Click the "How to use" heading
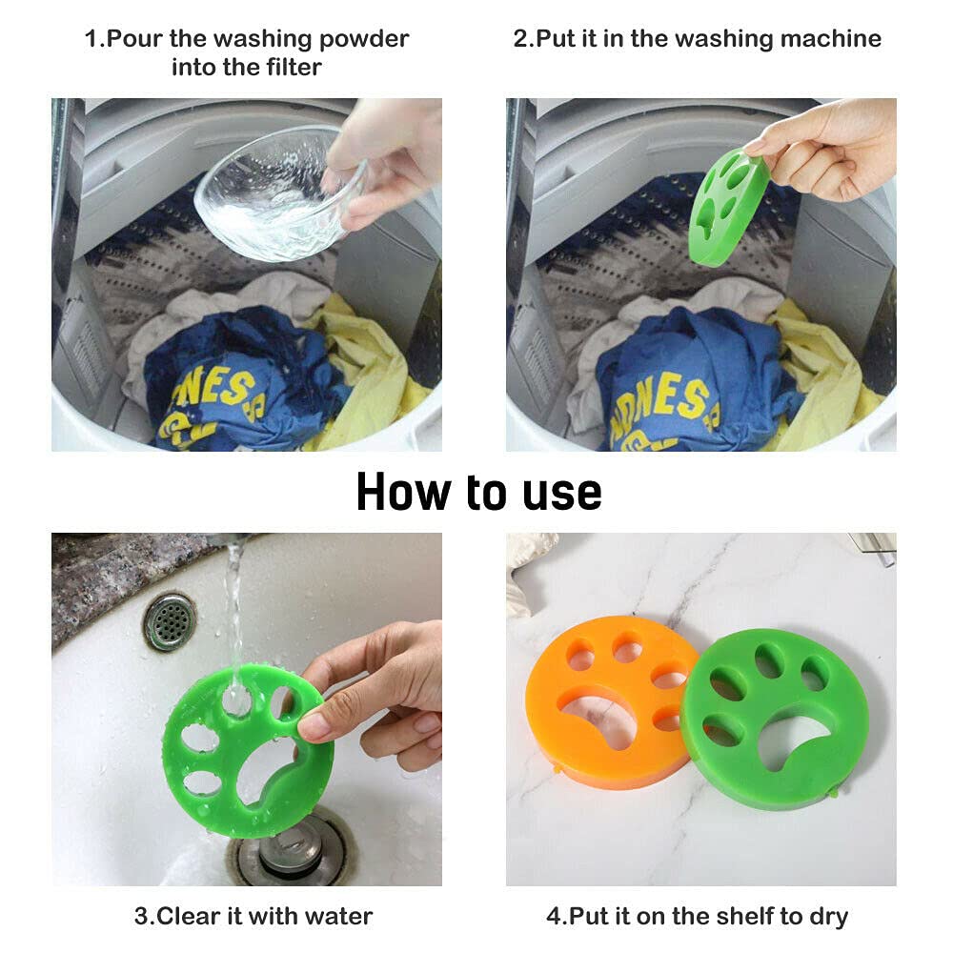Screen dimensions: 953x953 click(x=478, y=492)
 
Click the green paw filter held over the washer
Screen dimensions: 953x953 click(x=726, y=206)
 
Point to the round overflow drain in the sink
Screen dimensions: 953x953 click(x=169, y=621)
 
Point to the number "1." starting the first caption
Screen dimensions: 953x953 click(x=93, y=39)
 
